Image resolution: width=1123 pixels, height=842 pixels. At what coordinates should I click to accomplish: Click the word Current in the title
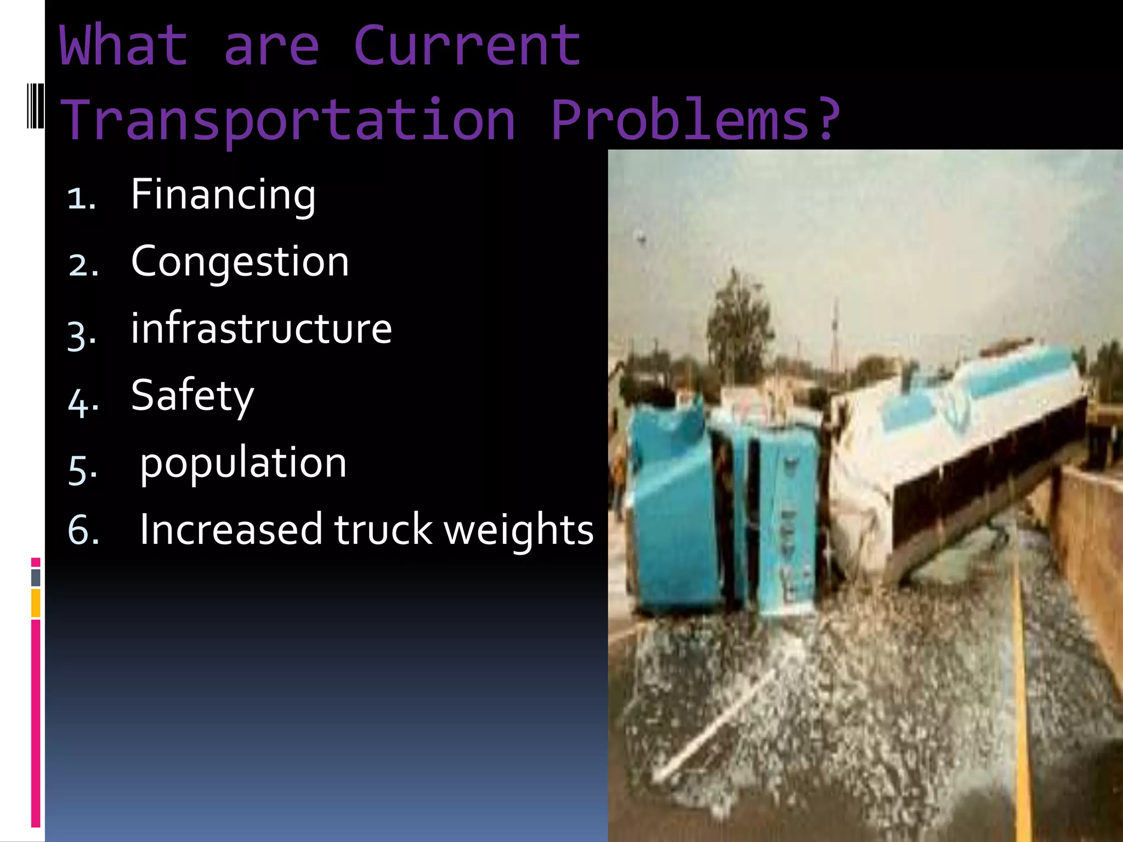click(x=467, y=46)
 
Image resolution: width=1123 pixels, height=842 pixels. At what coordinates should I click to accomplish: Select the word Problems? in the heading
click(x=695, y=120)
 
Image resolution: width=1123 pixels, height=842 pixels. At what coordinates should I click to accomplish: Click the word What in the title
click(x=123, y=46)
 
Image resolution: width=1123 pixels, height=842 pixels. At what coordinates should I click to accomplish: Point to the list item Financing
click(x=223, y=195)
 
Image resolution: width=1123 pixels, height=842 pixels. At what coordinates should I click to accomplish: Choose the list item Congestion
click(x=240, y=262)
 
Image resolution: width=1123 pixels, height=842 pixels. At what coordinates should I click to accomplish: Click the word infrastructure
click(x=261, y=329)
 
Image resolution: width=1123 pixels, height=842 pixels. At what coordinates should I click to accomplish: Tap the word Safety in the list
click(x=192, y=396)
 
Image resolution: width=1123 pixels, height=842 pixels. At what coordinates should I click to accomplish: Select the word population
click(x=243, y=464)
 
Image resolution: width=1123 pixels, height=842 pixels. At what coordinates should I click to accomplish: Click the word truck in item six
click(x=383, y=530)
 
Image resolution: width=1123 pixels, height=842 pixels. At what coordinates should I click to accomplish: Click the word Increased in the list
click(x=231, y=530)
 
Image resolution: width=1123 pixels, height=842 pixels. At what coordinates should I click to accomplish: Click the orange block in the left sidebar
click(x=36, y=603)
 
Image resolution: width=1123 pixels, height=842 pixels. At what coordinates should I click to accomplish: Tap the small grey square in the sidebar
click(x=36, y=577)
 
